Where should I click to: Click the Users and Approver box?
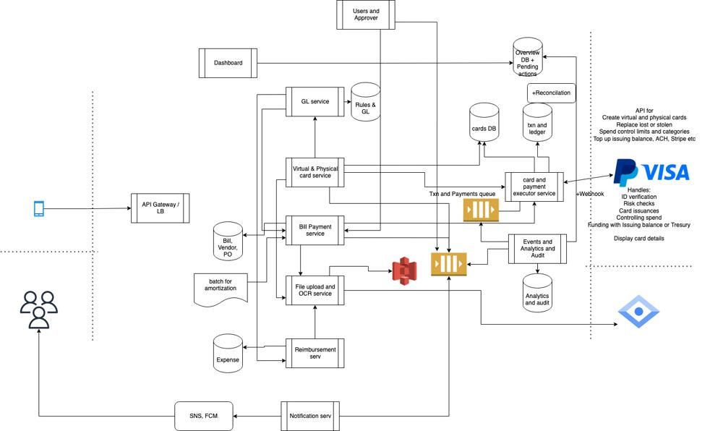pyautogui.click(x=366, y=14)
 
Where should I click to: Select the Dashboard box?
pyautogui.click(x=228, y=63)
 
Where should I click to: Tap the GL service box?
pyautogui.click(x=315, y=101)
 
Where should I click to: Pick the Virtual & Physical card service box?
pyautogui.click(x=315, y=172)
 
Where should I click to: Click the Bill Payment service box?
pyautogui.click(x=315, y=230)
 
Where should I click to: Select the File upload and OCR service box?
pyautogui.click(x=315, y=290)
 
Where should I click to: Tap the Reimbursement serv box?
pyautogui.click(x=315, y=353)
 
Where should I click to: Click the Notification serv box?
pyautogui.click(x=309, y=416)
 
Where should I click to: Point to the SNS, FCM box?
pyautogui.click(x=204, y=416)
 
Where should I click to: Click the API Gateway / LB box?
pyautogui.click(x=160, y=208)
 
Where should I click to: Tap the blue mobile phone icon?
pyautogui.click(x=39, y=209)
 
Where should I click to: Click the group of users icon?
pyautogui.click(x=38, y=310)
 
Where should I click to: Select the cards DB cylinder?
pyautogui.click(x=484, y=124)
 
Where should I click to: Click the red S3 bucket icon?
pyautogui.click(x=404, y=270)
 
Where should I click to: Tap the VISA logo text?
pyautogui.click(x=665, y=172)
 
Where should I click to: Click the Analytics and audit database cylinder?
pyautogui.click(x=537, y=294)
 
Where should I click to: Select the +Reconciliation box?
pyautogui.click(x=551, y=93)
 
